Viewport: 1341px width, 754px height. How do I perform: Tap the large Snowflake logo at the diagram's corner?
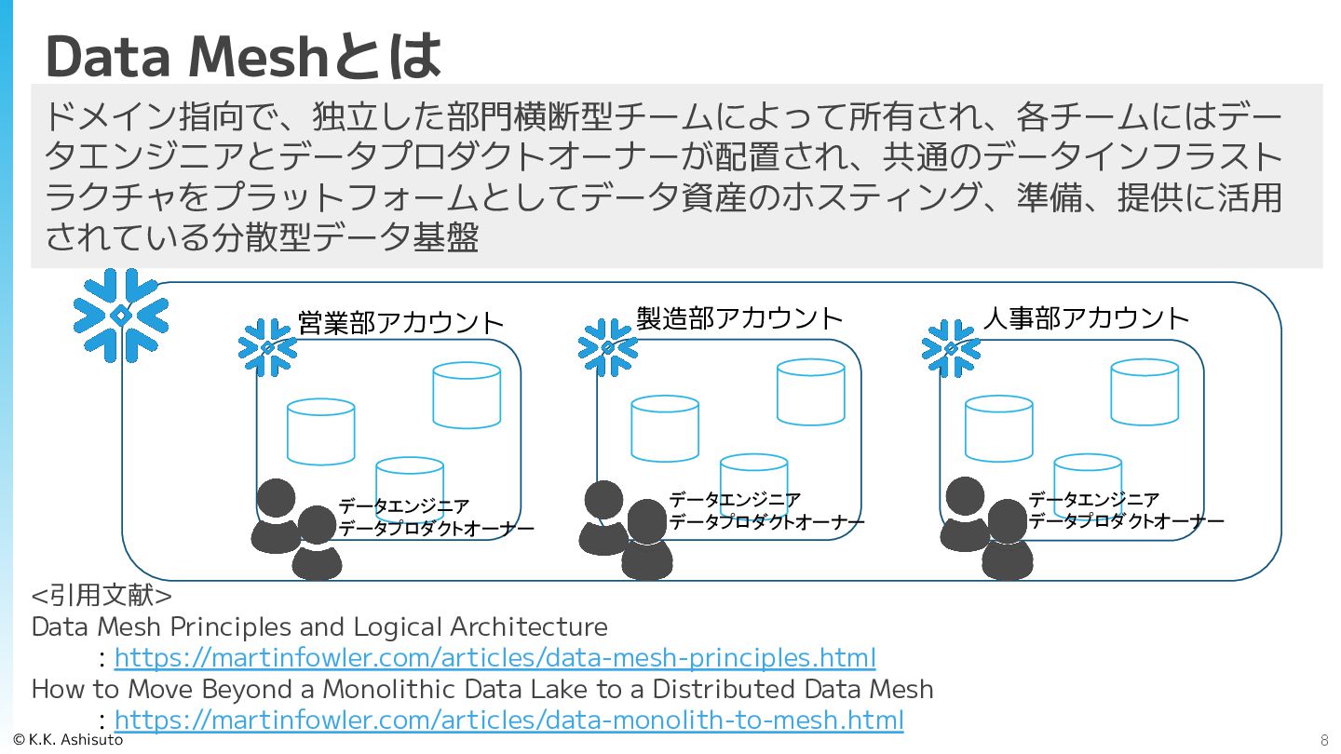(121, 316)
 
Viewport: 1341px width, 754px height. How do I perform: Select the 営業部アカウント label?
(400, 323)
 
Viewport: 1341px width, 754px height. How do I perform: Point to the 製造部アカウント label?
(739, 318)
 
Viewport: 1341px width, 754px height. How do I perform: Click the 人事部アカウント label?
(1086, 318)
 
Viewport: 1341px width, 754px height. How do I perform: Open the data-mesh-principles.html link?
(494, 658)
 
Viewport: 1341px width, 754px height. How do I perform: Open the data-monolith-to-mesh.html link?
(508, 720)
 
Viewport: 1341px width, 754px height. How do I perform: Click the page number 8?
(1324, 741)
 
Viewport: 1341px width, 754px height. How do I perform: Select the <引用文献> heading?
(102, 595)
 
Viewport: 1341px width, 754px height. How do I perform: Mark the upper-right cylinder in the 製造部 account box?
(811, 392)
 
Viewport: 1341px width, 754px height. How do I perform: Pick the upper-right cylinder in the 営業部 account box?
(467, 395)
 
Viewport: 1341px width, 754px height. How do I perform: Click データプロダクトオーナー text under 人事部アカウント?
(1126, 522)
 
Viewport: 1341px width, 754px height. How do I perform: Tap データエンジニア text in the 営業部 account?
(404, 506)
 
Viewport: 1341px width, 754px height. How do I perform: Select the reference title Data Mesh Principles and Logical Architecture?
(319, 626)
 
